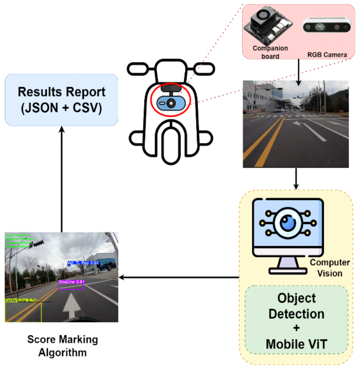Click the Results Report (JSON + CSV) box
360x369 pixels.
[x=61, y=99]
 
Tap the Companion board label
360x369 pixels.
[x=270, y=52]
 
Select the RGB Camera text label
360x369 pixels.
[x=327, y=55]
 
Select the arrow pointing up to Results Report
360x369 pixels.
[x=61, y=178]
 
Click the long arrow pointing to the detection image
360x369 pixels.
[x=178, y=277]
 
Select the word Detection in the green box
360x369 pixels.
[x=297, y=313]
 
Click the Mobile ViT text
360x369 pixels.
[x=297, y=344]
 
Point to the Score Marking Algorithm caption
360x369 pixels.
[x=63, y=346]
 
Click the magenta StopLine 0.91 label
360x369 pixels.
[x=71, y=282]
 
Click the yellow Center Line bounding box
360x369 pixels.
[x=23, y=311]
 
